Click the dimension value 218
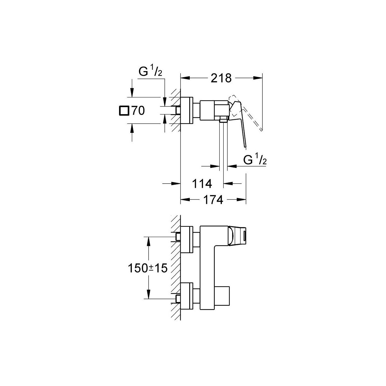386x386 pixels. (x=221, y=78)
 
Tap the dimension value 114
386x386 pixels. (x=202, y=184)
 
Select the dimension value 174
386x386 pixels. (x=213, y=200)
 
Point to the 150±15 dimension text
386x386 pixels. (x=148, y=268)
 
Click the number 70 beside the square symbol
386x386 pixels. (x=138, y=111)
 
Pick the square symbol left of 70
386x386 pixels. (x=124, y=111)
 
